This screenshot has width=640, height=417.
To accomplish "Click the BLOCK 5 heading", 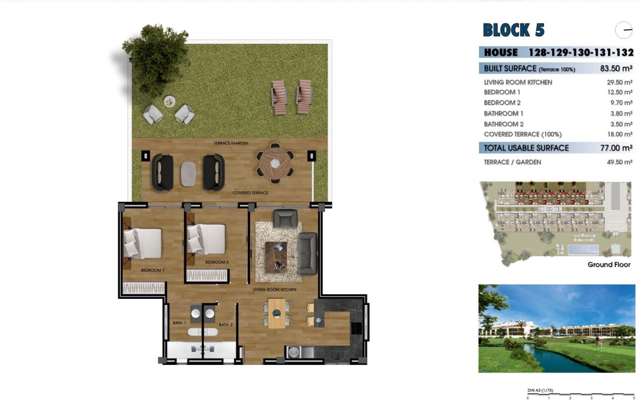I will click(513, 30).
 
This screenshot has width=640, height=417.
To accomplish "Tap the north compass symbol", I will click(624, 30).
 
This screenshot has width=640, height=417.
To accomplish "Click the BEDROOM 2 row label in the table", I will click(502, 103).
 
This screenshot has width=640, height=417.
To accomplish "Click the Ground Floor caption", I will click(609, 265).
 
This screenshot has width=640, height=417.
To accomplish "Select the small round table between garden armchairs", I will click(170, 101).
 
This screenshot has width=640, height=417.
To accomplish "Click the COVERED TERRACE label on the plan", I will click(251, 193).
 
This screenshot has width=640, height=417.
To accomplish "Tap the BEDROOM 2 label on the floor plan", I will click(217, 262).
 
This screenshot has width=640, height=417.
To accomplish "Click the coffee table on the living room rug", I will click(276, 257).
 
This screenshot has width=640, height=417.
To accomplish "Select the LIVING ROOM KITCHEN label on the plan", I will click(274, 289).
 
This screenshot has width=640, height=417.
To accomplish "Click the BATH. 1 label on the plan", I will click(180, 323).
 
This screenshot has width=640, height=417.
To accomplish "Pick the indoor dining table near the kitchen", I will click(276, 313).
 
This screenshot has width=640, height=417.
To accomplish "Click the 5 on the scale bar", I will click(634, 398).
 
